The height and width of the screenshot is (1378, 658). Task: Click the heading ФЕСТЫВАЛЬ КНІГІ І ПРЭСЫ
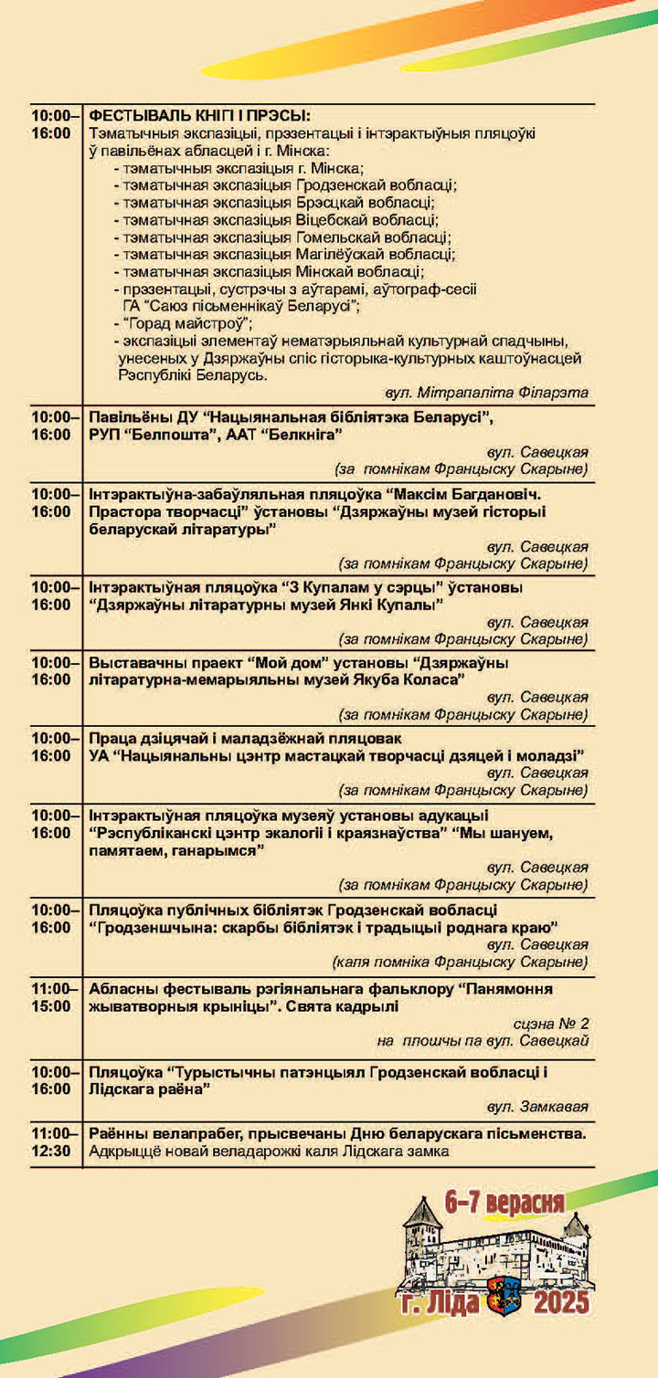coord(199,116)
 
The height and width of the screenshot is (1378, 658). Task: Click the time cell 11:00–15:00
coord(51,997)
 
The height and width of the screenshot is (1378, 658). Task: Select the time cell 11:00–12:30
coord(51,1141)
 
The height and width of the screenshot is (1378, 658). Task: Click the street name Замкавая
coord(553,1106)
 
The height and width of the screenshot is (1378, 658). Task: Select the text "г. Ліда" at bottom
coord(440,1300)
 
